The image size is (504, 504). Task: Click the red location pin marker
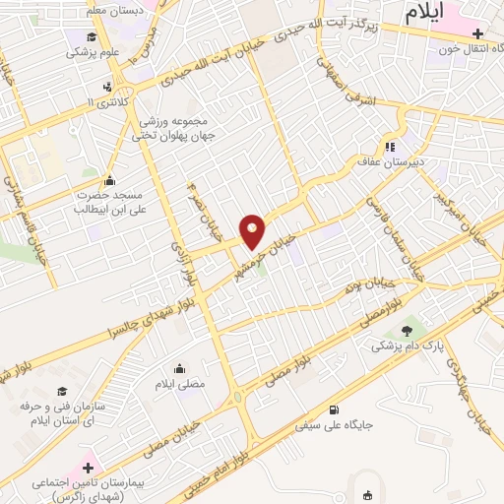click(x=253, y=230)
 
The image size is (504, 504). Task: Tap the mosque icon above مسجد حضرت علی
click(x=108, y=179)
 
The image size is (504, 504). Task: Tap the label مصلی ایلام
click(x=180, y=383)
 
